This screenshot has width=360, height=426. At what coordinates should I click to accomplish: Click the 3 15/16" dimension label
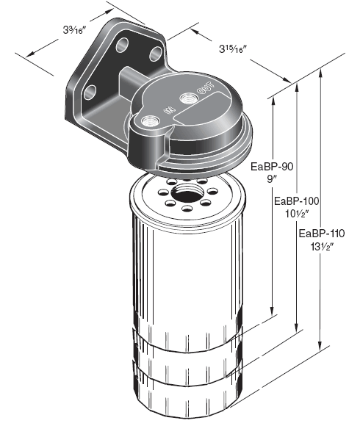(x=236, y=49)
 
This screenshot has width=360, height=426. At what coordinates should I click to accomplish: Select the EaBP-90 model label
(x=272, y=166)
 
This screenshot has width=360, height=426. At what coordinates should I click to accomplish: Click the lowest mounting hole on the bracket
(x=90, y=93)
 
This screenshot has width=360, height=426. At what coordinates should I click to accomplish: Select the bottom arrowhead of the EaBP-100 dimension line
(x=297, y=329)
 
